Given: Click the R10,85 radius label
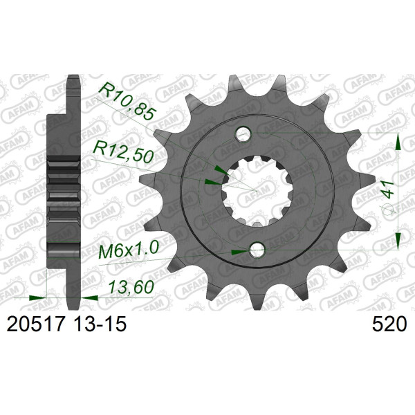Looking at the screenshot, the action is click(126, 102).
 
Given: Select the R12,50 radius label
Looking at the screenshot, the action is click(122, 151).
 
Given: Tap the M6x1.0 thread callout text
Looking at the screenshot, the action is click(129, 250).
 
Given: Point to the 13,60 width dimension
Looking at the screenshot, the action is click(131, 287).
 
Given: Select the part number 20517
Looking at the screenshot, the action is click(36, 324).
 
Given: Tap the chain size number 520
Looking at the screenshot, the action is click(389, 324).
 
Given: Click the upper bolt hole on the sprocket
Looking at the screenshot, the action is click(243, 134).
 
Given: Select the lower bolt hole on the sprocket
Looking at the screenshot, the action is click(257, 249).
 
